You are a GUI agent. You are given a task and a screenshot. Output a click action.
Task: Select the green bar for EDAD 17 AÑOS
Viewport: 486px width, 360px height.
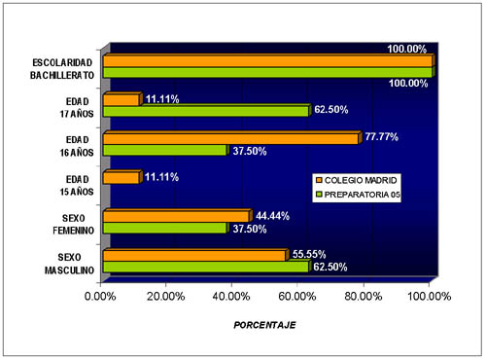(205, 111)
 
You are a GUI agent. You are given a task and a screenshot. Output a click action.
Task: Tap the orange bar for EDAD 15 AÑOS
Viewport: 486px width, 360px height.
(121, 178)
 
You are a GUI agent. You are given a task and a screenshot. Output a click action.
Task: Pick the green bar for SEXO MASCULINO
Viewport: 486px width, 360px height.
(205, 266)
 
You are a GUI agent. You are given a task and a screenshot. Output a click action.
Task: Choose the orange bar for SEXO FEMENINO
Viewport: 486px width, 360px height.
(175, 216)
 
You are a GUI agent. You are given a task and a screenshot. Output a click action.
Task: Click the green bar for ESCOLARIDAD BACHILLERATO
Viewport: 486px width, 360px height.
(266, 72)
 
